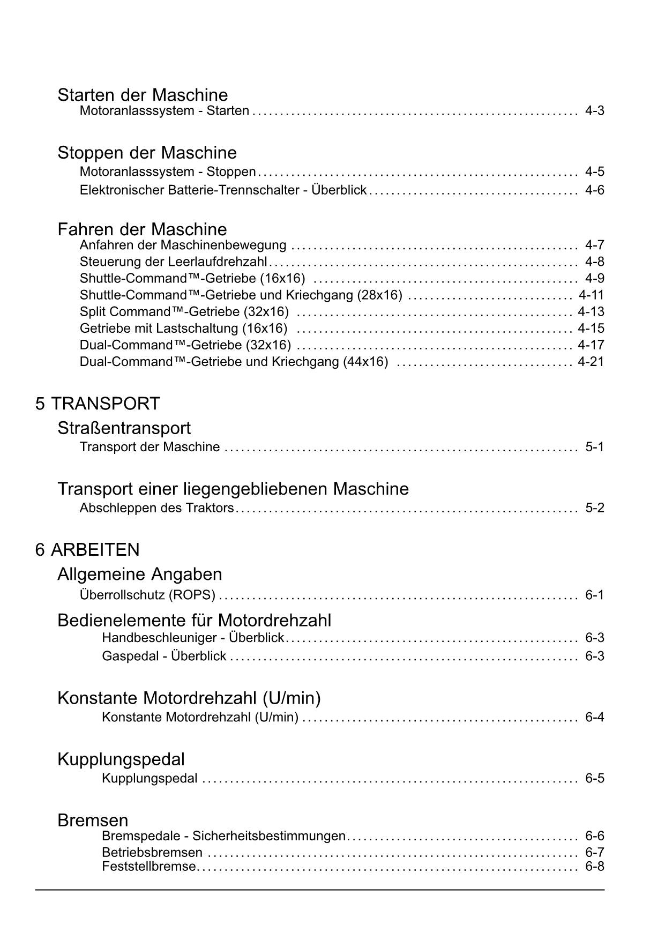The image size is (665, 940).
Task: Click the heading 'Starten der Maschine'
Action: (143, 95)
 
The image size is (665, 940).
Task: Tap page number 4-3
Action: (594, 111)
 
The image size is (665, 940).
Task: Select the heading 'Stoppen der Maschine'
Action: (147, 153)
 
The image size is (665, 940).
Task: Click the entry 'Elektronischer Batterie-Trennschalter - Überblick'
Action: (223, 190)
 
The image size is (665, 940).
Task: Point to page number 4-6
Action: (594, 190)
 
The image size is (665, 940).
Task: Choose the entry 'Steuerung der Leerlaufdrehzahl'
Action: (173, 262)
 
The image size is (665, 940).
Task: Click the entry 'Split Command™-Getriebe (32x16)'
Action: (184, 312)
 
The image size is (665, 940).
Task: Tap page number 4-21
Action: (591, 362)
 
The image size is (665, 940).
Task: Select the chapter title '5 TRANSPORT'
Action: (98, 404)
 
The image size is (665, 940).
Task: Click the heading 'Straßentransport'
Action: (124, 428)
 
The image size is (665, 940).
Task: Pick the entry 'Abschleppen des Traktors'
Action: (156, 508)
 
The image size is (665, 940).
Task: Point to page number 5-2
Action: (594, 508)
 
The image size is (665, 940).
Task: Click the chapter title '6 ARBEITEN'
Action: (87, 550)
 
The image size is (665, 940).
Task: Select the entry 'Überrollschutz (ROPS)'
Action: (147, 595)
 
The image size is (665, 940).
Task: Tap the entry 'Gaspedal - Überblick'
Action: (164, 656)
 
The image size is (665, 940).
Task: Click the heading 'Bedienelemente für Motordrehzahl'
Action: (194, 621)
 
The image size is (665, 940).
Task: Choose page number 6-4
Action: (594, 718)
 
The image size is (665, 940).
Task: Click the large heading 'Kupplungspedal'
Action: (121, 759)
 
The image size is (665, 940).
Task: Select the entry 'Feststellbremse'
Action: (148, 867)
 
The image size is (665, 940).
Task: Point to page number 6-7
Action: (594, 853)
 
